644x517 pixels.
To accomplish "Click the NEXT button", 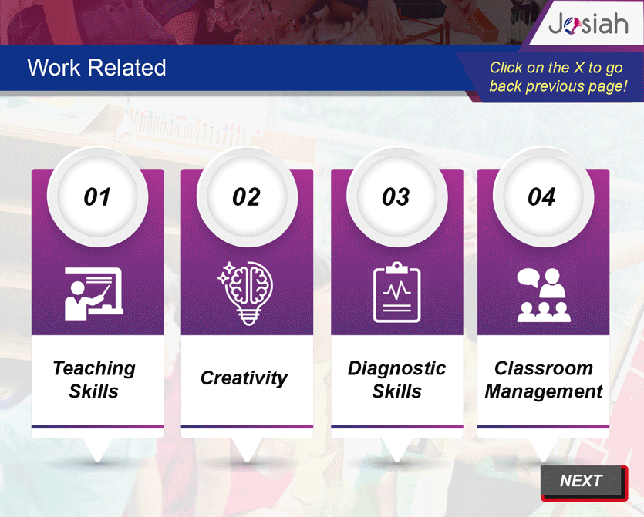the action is click(x=584, y=482).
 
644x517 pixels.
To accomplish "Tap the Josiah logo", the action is click(x=588, y=23).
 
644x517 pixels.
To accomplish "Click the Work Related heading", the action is click(x=96, y=68).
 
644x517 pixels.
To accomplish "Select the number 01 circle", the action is click(x=97, y=197).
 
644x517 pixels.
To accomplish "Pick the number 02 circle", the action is click(x=247, y=197).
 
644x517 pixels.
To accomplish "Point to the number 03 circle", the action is click(x=396, y=197).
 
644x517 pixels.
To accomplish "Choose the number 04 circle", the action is click(x=543, y=197).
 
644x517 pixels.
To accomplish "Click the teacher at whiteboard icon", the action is click(x=94, y=294).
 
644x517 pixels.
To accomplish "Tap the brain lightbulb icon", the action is click(x=245, y=294).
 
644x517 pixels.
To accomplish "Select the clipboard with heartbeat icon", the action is click(x=396, y=292).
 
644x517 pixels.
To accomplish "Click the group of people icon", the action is click(x=544, y=294).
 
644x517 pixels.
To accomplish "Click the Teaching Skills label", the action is click(x=94, y=380).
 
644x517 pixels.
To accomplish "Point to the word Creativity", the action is click(x=244, y=378).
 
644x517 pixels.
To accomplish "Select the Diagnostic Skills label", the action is click(x=396, y=380).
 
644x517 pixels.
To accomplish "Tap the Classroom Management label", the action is click(x=544, y=380).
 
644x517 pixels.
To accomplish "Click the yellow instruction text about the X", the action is click(x=558, y=77).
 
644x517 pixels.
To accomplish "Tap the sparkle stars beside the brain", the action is click(x=225, y=274).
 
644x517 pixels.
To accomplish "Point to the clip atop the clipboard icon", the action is click(x=396, y=267).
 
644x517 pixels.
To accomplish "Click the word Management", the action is click(x=544, y=391).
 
